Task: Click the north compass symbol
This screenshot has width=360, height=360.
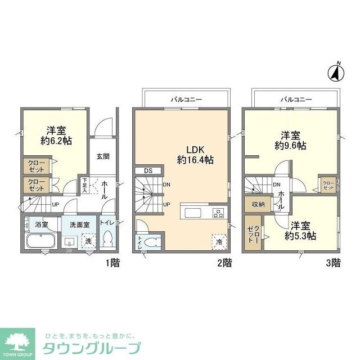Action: pos(336,72)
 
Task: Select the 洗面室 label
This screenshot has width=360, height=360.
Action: pos(79,224)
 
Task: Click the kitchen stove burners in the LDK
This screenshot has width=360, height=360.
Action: pos(218,213)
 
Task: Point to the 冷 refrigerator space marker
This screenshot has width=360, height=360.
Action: pos(218,240)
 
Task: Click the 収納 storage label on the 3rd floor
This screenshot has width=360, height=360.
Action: pos(258,204)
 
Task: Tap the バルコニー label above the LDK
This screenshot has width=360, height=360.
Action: pos(186,100)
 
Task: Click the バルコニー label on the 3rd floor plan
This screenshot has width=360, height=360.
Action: pos(296,100)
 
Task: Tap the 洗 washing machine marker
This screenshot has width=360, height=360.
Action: pos(88,241)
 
